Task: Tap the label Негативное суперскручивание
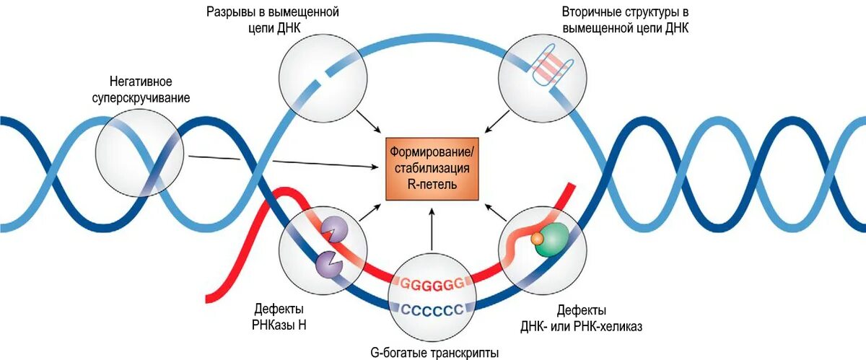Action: (150, 89)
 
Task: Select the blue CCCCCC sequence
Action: (432, 311)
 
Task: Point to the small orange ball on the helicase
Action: (537, 237)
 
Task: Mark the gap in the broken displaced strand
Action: (322, 75)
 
